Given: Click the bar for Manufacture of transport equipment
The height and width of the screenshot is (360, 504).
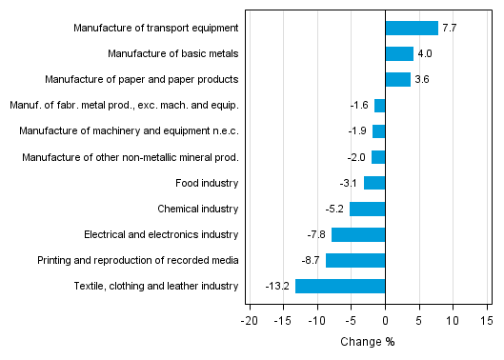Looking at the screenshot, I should point(412,28).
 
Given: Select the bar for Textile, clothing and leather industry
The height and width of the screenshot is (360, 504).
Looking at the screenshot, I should point(340,286).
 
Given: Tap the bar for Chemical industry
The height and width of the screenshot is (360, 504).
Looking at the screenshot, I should point(367,209).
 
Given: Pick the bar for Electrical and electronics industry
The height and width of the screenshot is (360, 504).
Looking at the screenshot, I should point(358,234).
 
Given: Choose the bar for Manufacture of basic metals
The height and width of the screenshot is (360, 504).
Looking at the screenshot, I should point(399,53).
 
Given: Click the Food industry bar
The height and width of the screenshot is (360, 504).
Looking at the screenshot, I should point(374,183).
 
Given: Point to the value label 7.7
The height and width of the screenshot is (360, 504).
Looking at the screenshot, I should point(450,29).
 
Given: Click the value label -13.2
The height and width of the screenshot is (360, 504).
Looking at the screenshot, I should point(278,286).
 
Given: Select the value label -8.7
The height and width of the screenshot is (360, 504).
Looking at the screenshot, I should point(312,260).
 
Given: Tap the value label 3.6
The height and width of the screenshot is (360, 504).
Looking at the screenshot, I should point(422,80).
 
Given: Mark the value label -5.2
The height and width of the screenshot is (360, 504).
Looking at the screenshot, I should point(335,209).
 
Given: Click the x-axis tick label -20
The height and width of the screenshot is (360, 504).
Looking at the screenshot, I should point(251,322).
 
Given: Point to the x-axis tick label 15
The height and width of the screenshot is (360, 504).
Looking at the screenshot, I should point(486,322).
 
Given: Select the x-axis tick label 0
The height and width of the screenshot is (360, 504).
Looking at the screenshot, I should point(385,322).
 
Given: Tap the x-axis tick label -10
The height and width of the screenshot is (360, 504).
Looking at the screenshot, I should point(317,322).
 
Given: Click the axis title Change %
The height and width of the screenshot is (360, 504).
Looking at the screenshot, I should point(367,342).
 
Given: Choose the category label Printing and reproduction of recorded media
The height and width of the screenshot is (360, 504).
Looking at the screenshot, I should point(137,260).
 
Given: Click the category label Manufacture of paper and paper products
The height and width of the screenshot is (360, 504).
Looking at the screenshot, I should point(155,79).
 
